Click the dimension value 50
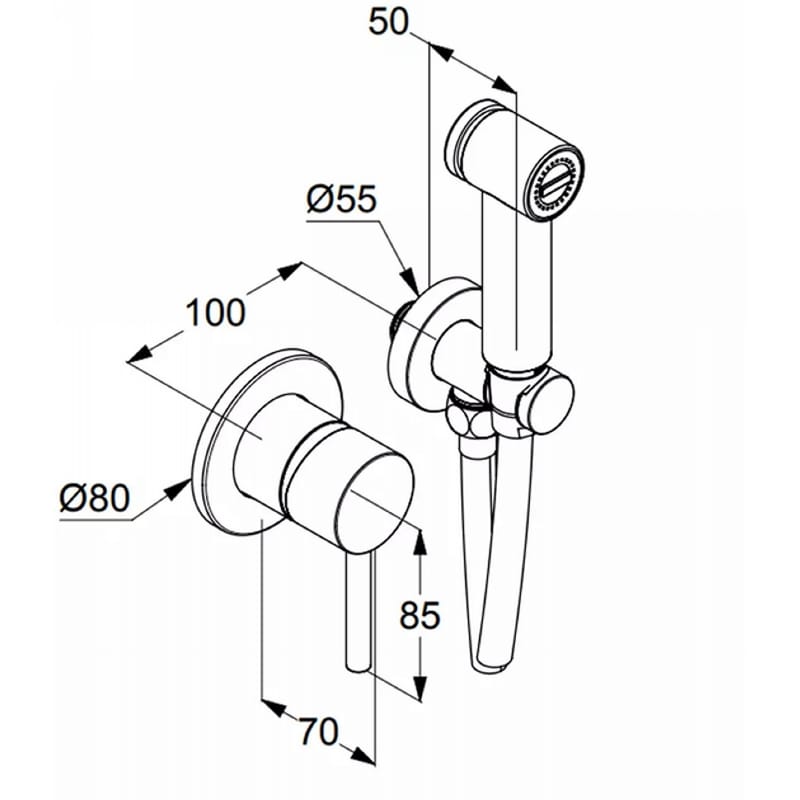coord(389,23)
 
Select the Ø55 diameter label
coord(342,198)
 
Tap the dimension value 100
coord(215,312)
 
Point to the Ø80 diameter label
coord(95,498)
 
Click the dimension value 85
coord(419,615)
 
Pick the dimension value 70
coord(318,732)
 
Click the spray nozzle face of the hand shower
coord(555,185)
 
